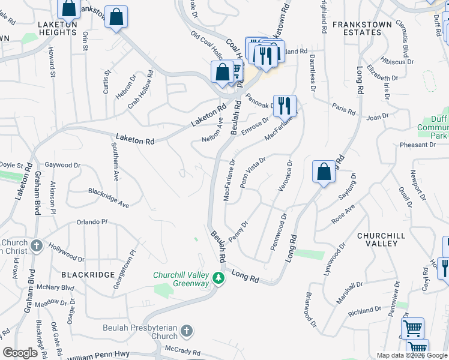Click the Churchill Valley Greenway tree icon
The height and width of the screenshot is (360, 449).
[220, 278]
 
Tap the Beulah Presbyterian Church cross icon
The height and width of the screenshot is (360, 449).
[187, 331]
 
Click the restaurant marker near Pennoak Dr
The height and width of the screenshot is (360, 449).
[284, 106]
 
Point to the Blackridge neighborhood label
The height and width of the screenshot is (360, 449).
[88, 274]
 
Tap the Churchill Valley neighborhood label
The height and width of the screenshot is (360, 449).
[385, 239]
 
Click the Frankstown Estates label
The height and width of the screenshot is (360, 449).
[362, 29]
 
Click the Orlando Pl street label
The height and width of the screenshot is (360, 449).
[91, 222]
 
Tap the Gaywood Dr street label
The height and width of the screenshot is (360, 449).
[62, 165]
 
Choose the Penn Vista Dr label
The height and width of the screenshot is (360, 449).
[252, 172]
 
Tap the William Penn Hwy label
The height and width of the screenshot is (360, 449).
[97, 356]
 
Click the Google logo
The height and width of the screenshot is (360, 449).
[21, 353]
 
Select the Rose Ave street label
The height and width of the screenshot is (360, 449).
[344, 215]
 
